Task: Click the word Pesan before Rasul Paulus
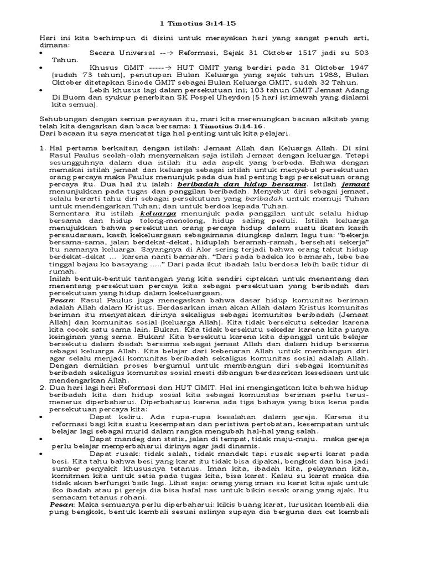[59, 299]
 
